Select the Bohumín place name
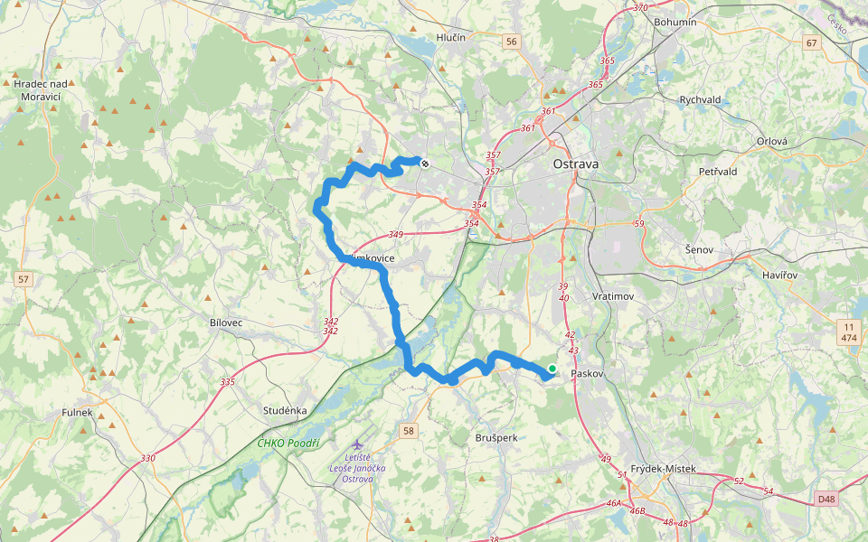pos(675,22)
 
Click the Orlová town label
pos(772,141)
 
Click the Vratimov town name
pos(614,296)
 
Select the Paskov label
pos(587,373)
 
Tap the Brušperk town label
pos(496,437)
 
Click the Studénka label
pos(285,409)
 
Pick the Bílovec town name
pos(225,322)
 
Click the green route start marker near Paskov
pos(552,369)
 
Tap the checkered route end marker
pos(424,163)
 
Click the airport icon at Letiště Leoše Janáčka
pos(359,445)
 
